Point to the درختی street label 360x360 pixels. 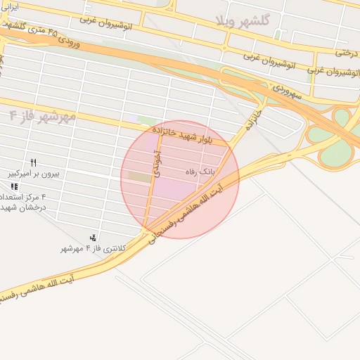tap(347, 51)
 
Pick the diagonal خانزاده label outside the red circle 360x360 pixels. tap(251, 122)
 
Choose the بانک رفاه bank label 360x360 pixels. tap(198, 172)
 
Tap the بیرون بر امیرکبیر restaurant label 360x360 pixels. tap(26, 173)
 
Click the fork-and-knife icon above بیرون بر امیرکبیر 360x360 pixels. tap(33, 162)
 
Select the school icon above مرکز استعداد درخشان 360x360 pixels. tap(14, 186)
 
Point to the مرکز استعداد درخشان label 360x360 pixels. tap(23, 202)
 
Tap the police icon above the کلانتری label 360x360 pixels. tap(94, 237)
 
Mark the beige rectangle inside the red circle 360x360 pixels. tap(140, 178)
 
